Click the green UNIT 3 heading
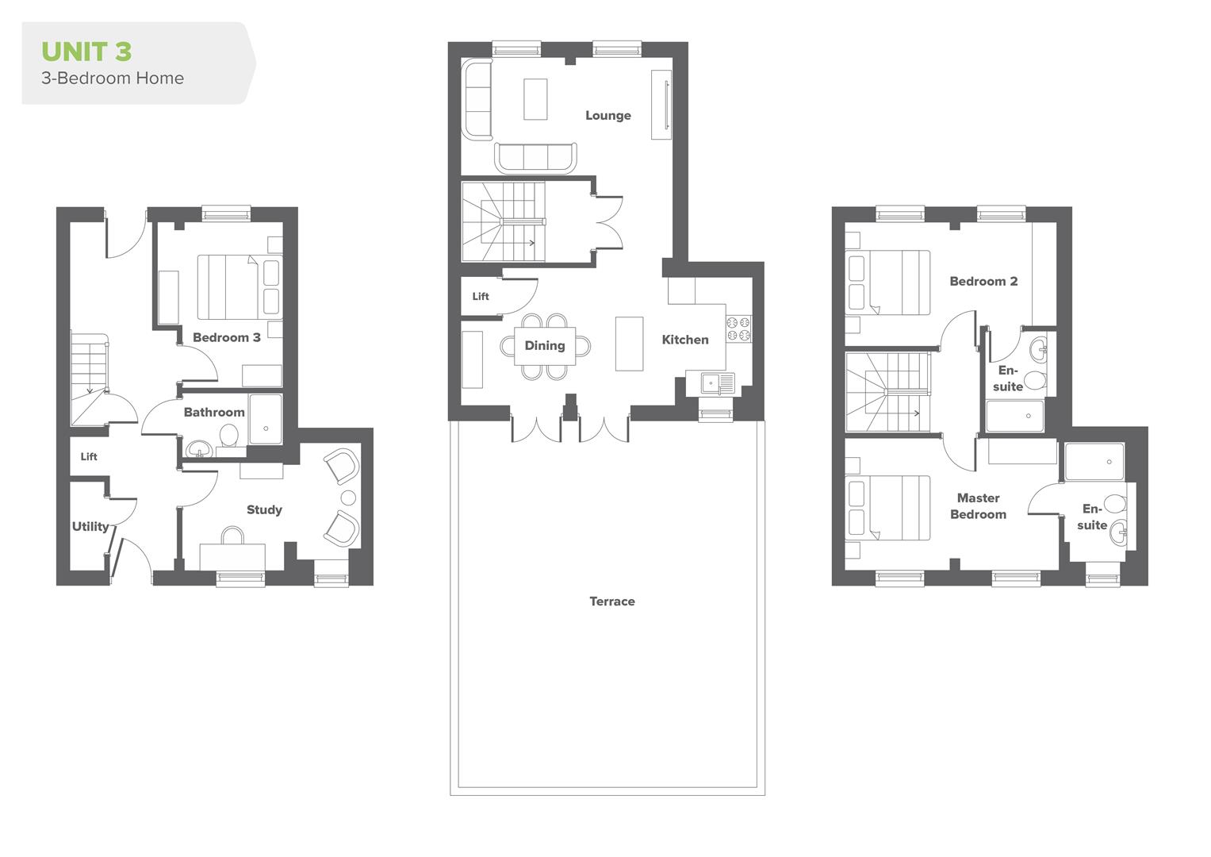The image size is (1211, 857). [x=86, y=52]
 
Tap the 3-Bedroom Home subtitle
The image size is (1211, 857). [x=113, y=79]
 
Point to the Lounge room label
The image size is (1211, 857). [x=608, y=116]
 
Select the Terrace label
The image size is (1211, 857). [x=612, y=601]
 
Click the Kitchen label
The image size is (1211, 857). [x=685, y=340]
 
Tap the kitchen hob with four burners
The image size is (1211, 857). [x=738, y=329]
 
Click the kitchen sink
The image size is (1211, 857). [x=717, y=383]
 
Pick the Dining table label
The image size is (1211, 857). [x=545, y=346]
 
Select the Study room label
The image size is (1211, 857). [x=264, y=510]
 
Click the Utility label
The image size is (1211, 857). [x=90, y=527]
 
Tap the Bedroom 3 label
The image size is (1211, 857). [x=227, y=338]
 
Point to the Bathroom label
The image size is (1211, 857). [x=214, y=413]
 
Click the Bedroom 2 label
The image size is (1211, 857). [x=983, y=282]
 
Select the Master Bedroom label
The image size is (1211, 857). [x=978, y=506]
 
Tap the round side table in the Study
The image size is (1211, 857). [x=348, y=498]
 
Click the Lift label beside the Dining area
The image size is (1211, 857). [x=481, y=297]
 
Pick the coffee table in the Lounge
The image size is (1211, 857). [x=535, y=98]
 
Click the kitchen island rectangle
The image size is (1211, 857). [x=629, y=344]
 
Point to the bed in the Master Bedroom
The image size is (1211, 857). [x=888, y=508]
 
